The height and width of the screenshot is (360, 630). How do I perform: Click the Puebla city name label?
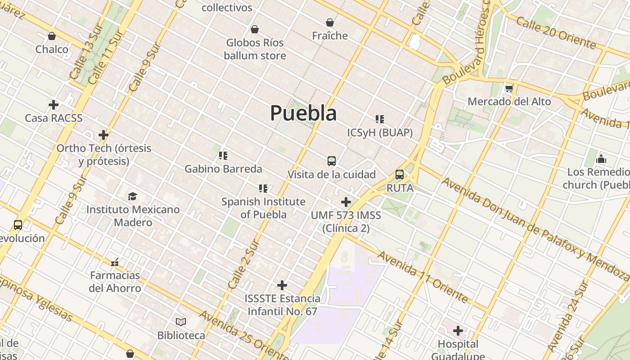[x=303, y=113]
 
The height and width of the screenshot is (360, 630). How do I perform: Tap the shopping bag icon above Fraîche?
[x=330, y=22]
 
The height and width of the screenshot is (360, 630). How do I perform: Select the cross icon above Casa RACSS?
[x=54, y=105]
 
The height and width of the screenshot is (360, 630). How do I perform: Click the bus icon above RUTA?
[x=399, y=175]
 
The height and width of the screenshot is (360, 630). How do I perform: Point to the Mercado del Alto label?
[x=509, y=102]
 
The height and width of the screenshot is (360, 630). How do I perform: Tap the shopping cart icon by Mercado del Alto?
[x=509, y=88]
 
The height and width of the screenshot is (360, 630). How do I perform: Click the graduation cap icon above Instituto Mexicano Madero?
[x=132, y=196]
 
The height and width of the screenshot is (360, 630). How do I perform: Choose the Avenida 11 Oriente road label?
[x=423, y=277]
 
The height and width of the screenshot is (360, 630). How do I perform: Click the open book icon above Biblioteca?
[x=181, y=322]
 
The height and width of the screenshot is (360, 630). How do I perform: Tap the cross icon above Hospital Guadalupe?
[x=458, y=331]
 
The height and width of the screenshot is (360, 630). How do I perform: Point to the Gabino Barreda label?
[x=223, y=169]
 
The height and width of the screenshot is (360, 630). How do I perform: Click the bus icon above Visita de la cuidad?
[x=332, y=161]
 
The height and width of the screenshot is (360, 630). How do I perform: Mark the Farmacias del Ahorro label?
[x=115, y=282]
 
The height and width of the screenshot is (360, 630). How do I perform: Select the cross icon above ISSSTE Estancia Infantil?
[x=282, y=285]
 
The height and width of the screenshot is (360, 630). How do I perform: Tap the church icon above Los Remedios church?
[x=601, y=158]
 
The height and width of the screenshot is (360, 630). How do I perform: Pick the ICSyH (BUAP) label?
[x=380, y=133]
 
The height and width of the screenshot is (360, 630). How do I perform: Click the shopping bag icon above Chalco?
[x=52, y=36]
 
